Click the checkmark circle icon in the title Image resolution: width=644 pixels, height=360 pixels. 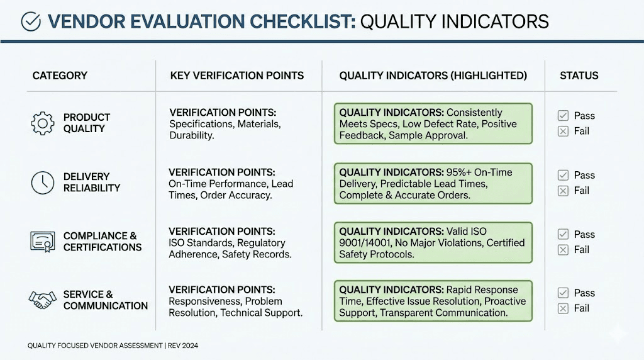point(31,21)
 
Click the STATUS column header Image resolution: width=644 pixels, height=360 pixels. point(579,76)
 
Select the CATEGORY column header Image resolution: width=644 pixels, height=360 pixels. point(60,76)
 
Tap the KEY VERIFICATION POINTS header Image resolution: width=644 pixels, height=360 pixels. point(236,76)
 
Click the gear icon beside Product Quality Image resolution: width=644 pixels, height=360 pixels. point(43,123)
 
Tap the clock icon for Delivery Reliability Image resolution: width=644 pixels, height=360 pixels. point(43,183)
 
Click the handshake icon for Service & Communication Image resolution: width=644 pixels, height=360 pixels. point(43,300)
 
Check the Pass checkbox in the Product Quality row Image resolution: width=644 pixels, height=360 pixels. point(563,116)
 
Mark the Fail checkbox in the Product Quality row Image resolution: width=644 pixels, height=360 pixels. point(563,131)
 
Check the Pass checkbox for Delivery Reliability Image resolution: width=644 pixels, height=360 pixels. point(563,176)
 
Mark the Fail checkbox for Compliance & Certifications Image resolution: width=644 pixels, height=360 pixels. point(563,250)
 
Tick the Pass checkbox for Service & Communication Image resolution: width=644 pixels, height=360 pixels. point(563,293)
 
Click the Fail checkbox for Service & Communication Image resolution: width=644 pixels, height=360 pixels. point(563,308)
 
